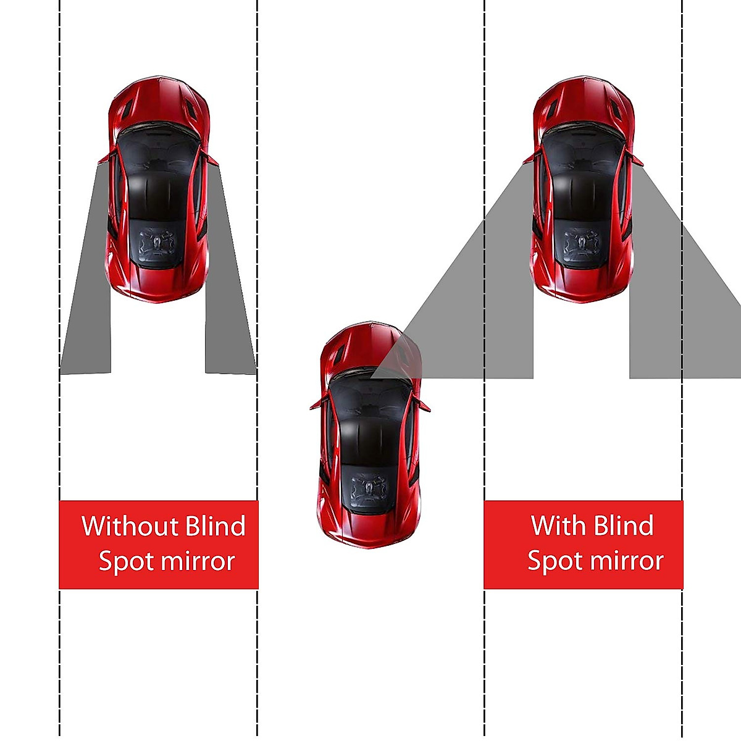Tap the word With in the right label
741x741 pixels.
tap(558, 525)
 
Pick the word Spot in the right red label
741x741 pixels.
tap(553, 561)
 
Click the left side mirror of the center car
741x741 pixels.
tap(316, 404)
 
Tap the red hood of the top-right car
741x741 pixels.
tap(583, 102)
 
